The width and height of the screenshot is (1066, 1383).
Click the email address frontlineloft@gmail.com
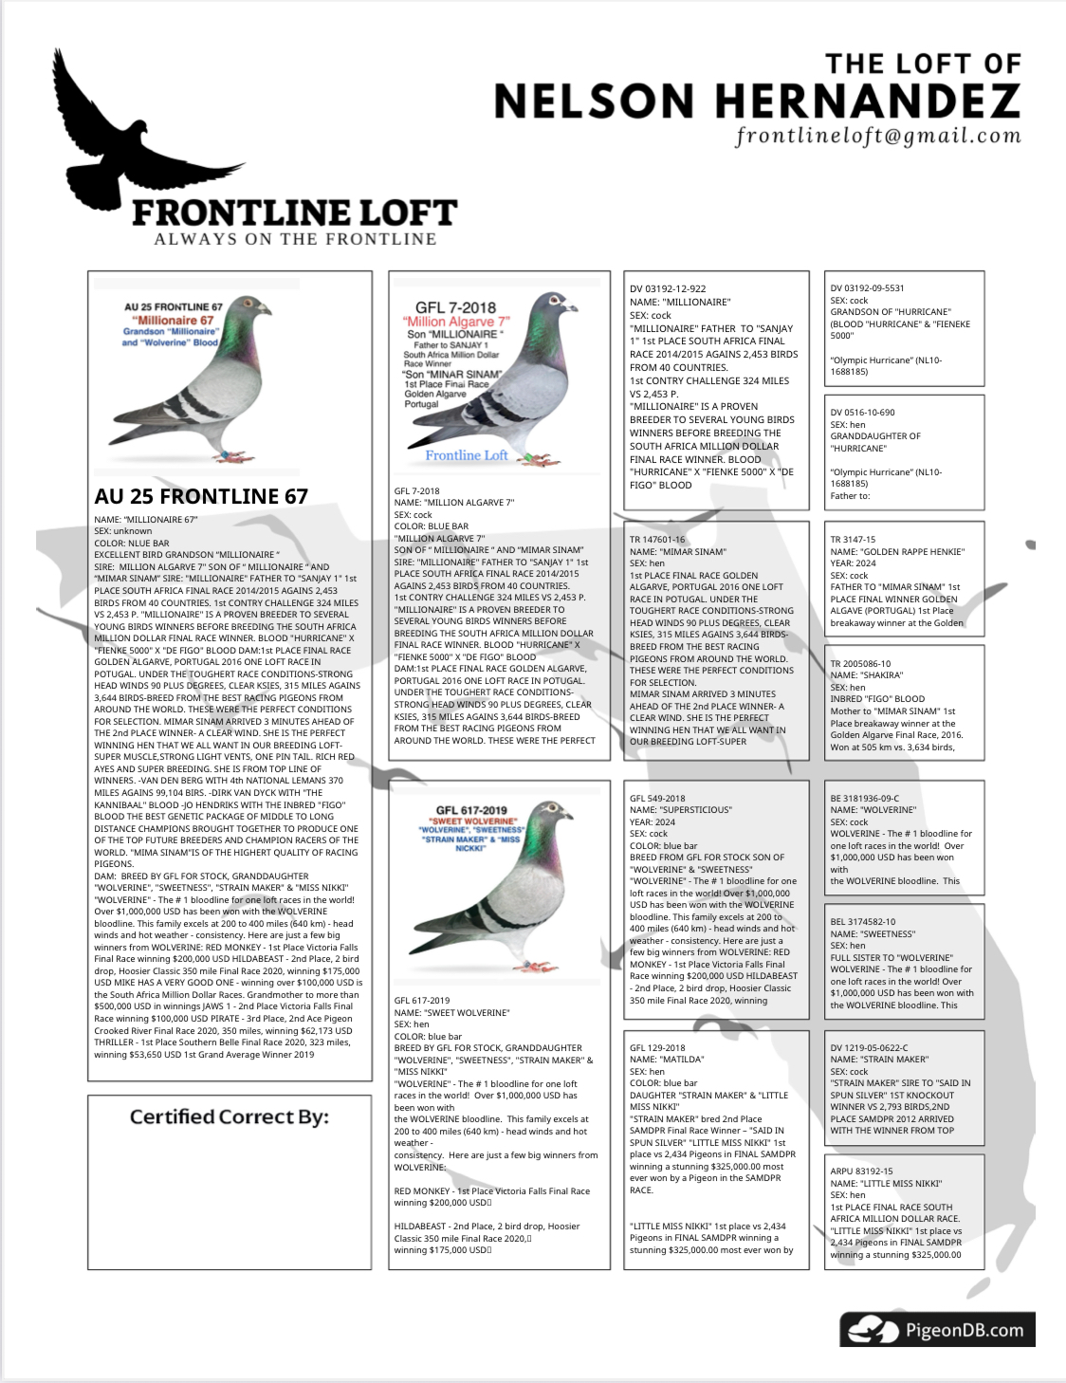click(x=878, y=136)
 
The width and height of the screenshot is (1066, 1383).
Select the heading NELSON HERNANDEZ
click(x=757, y=101)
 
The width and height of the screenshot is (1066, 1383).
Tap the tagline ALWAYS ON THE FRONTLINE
click(x=295, y=239)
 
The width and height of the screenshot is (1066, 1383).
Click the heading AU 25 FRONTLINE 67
click(x=201, y=496)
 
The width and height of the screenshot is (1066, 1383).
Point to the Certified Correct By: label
click(x=230, y=1116)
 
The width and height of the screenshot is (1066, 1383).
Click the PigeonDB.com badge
click(x=936, y=1329)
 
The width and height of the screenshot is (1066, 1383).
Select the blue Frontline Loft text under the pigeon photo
click(x=467, y=455)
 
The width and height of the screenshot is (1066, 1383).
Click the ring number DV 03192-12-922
click(x=668, y=288)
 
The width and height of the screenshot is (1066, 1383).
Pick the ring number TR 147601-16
click(x=657, y=539)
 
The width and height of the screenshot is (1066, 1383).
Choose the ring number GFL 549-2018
click(x=657, y=798)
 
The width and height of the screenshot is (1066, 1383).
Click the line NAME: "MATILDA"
click(x=667, y=1059)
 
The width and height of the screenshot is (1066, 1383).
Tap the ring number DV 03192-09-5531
click(x=867, y=287)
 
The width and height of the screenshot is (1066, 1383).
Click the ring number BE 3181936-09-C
click(x=864, y=798)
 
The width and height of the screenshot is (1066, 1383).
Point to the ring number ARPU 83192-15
click(x=861, y=1171)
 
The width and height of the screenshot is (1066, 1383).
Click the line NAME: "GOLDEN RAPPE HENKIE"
click(x=897, y=551)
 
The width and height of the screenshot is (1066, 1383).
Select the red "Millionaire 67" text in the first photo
click(x=174, y=320)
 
